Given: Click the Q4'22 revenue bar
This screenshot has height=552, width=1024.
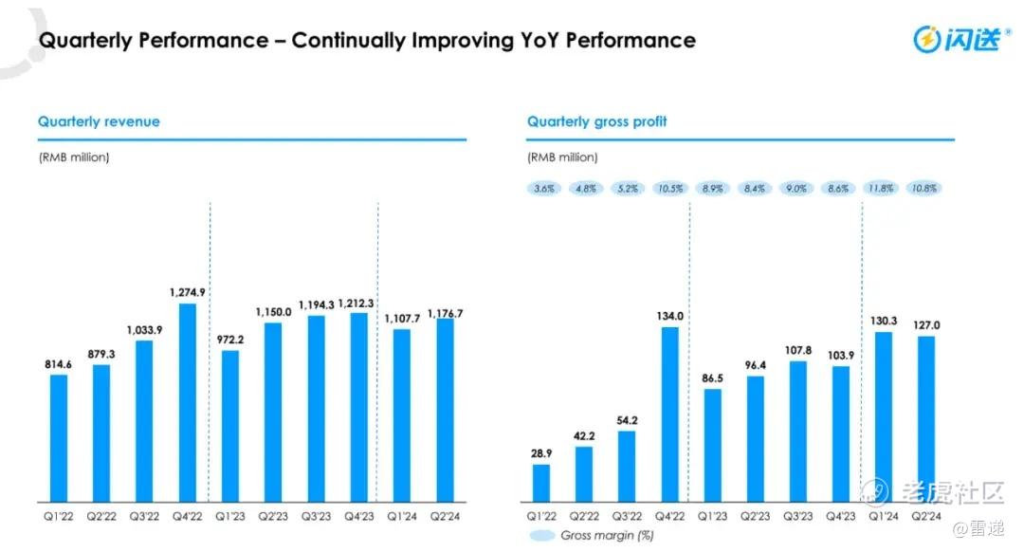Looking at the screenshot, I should click(x=188, y=402).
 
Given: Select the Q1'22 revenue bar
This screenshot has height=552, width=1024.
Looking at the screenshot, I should click(x=59, y=437).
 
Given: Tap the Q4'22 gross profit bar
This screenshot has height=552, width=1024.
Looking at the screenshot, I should click(x=669, y=414).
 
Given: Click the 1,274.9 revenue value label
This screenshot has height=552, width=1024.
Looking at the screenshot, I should click(x=188, y=292).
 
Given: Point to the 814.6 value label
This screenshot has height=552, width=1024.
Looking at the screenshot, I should click(x=59, y=363).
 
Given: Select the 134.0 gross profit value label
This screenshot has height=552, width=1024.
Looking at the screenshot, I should click(x=669, y=316).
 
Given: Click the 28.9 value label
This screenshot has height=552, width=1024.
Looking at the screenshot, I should click(x=541, y=452).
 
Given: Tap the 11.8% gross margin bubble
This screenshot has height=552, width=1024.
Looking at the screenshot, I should click(x=882, y=189).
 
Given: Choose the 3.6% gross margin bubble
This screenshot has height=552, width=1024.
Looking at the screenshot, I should click(x=543, y=189).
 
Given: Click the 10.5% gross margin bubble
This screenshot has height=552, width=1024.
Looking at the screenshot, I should click(x=669, y=189).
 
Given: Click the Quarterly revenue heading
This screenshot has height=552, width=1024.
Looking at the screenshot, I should click(x=99, y=121).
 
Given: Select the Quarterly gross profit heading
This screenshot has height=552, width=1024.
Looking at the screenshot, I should click(x=596, y=121).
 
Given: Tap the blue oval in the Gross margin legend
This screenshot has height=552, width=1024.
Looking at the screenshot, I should click(x=540, y=536).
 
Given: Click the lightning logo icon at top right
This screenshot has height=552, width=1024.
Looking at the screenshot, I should click(x=926, y=39).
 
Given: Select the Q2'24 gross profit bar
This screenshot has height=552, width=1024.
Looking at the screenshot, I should click(x=926, y=418).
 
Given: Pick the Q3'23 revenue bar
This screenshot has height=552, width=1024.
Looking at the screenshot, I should click(x=317, y=408).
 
